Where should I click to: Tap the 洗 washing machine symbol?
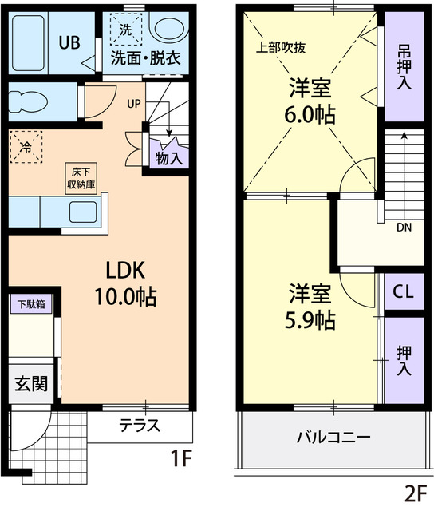[x=125, y=30]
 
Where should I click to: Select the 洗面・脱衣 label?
[x=144, y=57]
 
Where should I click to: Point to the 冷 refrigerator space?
[x=26, y=147]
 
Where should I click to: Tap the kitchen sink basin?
[x=83, y=212]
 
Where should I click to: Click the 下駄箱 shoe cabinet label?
[x=31, y=303]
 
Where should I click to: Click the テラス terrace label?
[x=140, y=425]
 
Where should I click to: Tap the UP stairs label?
[x=133, y=103]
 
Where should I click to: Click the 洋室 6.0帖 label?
[x=310, y=101]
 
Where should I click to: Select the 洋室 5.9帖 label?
[x=310, y=307]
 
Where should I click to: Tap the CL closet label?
[x=403, y=293]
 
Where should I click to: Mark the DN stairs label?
[x=405, y=226]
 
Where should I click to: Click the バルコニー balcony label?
[x=333, y=438]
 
